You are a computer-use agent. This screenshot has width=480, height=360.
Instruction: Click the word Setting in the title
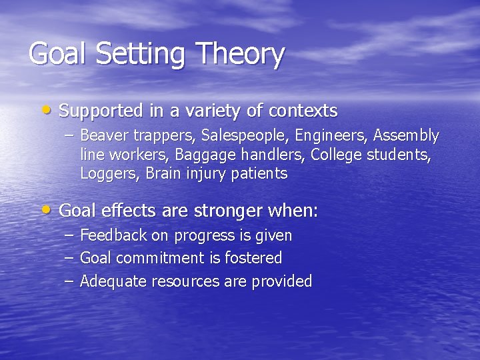pos(139,55)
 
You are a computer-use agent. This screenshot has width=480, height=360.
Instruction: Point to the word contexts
pos(303,110)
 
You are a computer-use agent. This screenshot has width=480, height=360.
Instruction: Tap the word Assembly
pos(406,136)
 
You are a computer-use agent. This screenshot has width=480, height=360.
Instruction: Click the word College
pos(335,155)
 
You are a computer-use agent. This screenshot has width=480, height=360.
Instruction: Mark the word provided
pos(281,281)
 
